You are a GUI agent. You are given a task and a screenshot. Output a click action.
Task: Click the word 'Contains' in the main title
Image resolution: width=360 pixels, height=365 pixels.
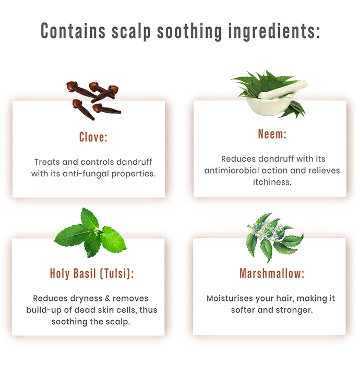[x=73, y=31]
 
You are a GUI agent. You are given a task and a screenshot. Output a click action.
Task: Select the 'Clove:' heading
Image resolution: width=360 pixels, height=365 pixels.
[x=93, y=137]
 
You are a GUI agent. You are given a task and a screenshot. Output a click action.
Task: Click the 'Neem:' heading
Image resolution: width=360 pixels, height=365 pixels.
[x=272, y=134]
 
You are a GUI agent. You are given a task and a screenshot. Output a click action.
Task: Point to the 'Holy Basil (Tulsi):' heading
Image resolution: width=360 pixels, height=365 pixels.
[x=92, y=273]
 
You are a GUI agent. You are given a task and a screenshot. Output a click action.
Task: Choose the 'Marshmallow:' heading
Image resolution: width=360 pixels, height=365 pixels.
[x=272, y=273]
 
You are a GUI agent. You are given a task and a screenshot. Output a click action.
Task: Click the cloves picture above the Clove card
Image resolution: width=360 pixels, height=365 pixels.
[x=93, y=101]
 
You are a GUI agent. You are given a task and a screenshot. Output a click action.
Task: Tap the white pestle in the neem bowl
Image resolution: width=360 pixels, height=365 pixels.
[x=283, y=90]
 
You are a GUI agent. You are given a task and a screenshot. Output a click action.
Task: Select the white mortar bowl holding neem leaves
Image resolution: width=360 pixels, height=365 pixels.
[x=270, y=106]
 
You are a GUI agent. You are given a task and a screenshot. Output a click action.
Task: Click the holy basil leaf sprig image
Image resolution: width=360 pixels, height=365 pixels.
[x=90, y=233]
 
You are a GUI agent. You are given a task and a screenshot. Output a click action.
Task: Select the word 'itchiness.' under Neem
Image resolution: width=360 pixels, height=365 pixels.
[x=272, y=182]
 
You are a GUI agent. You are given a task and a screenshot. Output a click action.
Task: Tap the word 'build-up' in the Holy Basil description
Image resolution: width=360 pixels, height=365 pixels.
[x=43, y=310]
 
